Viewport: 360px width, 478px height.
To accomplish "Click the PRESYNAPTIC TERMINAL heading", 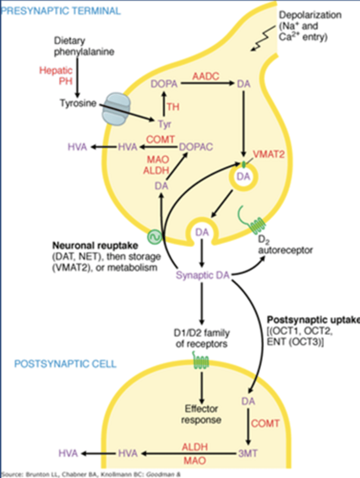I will point(61,11).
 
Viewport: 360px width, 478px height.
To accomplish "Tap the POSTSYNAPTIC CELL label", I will point(65,364).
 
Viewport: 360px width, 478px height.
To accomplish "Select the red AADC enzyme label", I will point(206,77).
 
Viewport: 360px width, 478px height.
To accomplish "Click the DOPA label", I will point(163,84).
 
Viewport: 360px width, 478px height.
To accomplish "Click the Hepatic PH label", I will point(56,76).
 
